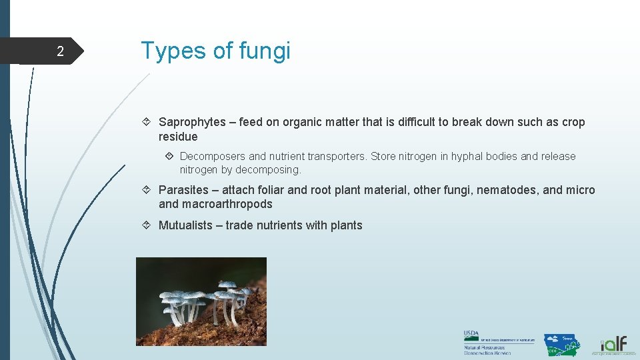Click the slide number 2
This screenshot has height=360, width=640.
(x=60, y=52)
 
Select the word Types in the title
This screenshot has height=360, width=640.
(x=167, y=51)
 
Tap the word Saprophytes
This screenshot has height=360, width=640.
(x=192, y=122)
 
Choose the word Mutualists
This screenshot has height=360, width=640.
(x=185, y=225)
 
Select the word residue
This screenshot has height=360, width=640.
(x=178, y=137)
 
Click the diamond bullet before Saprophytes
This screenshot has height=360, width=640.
(x=149, y=122)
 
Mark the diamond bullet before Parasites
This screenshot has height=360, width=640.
(x=149, y=190)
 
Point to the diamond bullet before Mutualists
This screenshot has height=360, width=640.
(x=149, y=225)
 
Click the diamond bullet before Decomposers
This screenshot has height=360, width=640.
(x=170, y=156)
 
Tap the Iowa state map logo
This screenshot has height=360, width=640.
(x=561, y=344)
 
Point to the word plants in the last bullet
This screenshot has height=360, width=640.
(x=347, y=225)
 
